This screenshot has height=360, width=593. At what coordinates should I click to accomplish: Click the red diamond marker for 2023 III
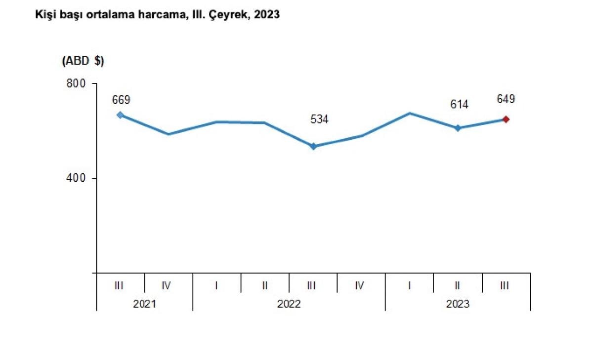506,119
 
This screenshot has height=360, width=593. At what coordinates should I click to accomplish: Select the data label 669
121,100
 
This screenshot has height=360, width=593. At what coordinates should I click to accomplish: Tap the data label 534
319,119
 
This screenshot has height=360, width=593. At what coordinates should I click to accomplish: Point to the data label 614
459,104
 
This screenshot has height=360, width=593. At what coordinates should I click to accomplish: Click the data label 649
506,99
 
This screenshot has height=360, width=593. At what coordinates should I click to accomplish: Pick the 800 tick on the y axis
76,83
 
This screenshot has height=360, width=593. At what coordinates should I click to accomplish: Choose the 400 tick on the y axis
76,178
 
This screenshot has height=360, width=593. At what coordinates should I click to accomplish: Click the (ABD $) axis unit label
83,61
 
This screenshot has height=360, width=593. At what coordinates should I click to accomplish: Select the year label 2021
144,304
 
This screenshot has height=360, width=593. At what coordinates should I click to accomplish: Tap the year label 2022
289,304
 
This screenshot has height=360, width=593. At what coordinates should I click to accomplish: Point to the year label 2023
458,304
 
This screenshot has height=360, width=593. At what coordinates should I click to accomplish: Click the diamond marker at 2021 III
120,115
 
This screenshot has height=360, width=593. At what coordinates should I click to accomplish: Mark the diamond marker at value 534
313,146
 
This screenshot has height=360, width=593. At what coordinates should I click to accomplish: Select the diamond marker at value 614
458,128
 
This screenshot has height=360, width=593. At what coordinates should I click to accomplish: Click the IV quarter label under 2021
167,285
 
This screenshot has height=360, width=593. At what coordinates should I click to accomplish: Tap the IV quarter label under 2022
360,285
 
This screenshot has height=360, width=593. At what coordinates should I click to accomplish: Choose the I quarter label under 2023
410,285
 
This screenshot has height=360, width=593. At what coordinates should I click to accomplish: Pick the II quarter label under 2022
265,285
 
